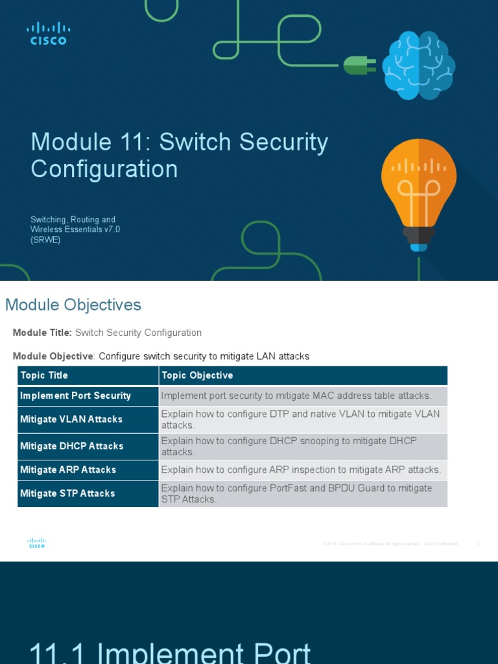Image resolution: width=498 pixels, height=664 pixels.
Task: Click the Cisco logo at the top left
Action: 48,33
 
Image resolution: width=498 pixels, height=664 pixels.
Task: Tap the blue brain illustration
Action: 418,65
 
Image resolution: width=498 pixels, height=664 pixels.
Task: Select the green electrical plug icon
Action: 359,65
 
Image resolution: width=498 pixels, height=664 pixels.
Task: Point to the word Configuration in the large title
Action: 104,169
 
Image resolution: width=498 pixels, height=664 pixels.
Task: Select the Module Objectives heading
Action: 73,305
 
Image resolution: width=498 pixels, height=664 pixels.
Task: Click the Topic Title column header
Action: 44,375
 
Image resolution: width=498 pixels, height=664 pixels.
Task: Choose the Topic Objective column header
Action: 197,375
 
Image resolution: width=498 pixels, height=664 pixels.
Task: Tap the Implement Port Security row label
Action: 75,396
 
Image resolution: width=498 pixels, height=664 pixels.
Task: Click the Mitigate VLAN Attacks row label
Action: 71,420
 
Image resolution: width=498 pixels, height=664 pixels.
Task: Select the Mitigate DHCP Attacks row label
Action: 71,446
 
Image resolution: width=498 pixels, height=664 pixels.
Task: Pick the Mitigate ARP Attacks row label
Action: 68,469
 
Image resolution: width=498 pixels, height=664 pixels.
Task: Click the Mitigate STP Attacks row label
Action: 67,493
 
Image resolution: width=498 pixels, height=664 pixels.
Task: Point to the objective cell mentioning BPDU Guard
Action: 296,493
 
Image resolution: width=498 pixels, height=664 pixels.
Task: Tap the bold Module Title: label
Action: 42,333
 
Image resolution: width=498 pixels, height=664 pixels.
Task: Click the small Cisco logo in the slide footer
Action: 36,543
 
